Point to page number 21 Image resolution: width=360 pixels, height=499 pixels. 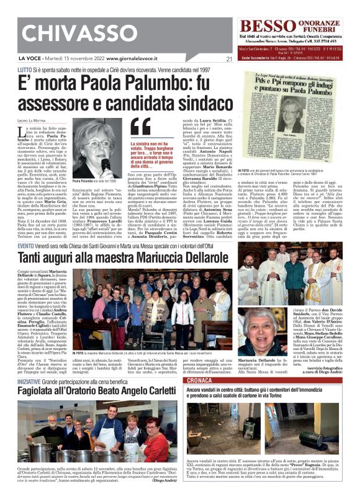click(x=228, y=60)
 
